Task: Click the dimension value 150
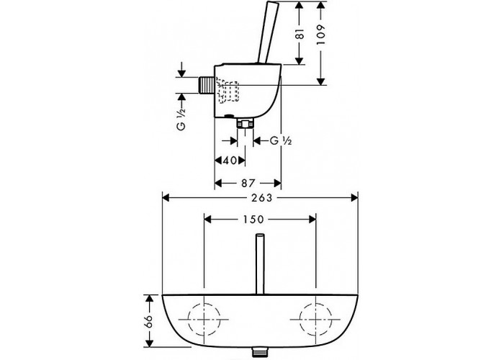pos(259,218)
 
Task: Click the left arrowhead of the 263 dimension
pos(165,196)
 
